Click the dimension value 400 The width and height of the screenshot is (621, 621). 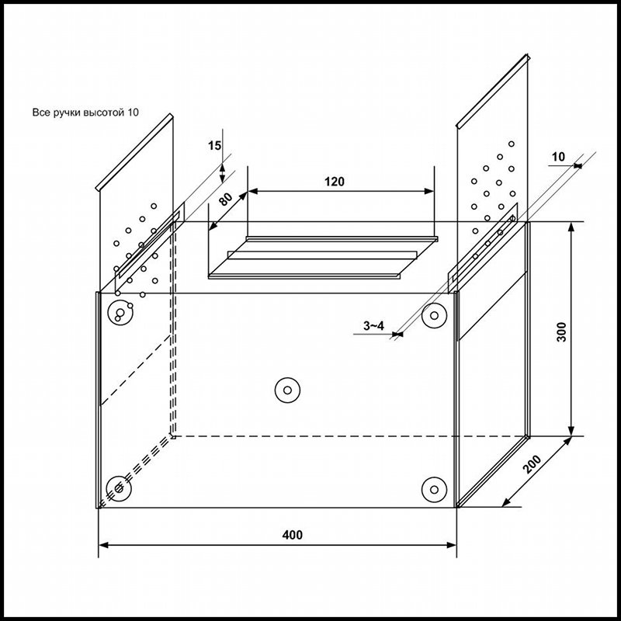(292, 535)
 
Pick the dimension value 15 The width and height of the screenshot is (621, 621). (215, 145)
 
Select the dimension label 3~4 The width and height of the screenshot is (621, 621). (373, 325)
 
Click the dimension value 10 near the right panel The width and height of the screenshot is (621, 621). (557, 157)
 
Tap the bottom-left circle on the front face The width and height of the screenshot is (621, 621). (119, 487)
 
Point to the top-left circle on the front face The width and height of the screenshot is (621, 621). (119, 313)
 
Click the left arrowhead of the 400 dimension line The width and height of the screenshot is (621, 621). (104, 545)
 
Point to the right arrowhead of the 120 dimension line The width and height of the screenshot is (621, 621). (429, 191)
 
